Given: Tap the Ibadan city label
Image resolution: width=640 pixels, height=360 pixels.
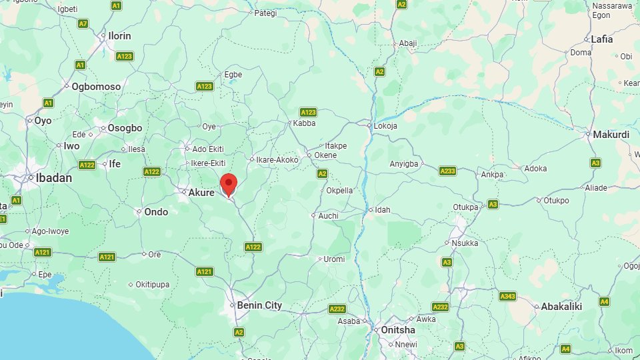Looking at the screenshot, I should (x=54, y=178).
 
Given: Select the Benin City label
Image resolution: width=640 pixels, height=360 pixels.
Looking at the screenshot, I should (x=259, y=305).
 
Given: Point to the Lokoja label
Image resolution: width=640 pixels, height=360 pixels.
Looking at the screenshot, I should (x=385, y=125).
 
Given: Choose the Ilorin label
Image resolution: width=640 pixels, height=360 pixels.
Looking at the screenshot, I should (x=120, y=36).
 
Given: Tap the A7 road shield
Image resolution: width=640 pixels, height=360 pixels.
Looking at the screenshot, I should (x=83, y=23).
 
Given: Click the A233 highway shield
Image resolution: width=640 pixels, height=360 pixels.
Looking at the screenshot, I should (x=448, y=171).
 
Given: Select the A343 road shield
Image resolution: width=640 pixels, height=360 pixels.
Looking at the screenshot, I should (x=507, y=295).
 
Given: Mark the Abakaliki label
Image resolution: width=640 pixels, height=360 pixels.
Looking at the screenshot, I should (x=561, y=307).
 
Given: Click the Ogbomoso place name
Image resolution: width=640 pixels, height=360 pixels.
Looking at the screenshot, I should (x=96, y=87).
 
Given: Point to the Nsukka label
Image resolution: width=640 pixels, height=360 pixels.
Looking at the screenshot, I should (x=465, y=243).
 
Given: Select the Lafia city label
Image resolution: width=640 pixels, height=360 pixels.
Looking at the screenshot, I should (x=601, y=39).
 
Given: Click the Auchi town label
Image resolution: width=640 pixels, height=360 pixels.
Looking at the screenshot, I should (x=328, y=216).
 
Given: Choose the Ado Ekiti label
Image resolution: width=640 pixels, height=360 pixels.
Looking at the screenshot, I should (x=207, y=149).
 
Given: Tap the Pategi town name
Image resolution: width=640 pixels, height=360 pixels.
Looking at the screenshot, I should (x=265, y=12).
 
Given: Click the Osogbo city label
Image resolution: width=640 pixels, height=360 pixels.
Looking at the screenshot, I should (x=125, y=128).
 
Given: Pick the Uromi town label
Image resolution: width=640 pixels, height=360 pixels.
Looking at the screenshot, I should (x=334, y=259).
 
